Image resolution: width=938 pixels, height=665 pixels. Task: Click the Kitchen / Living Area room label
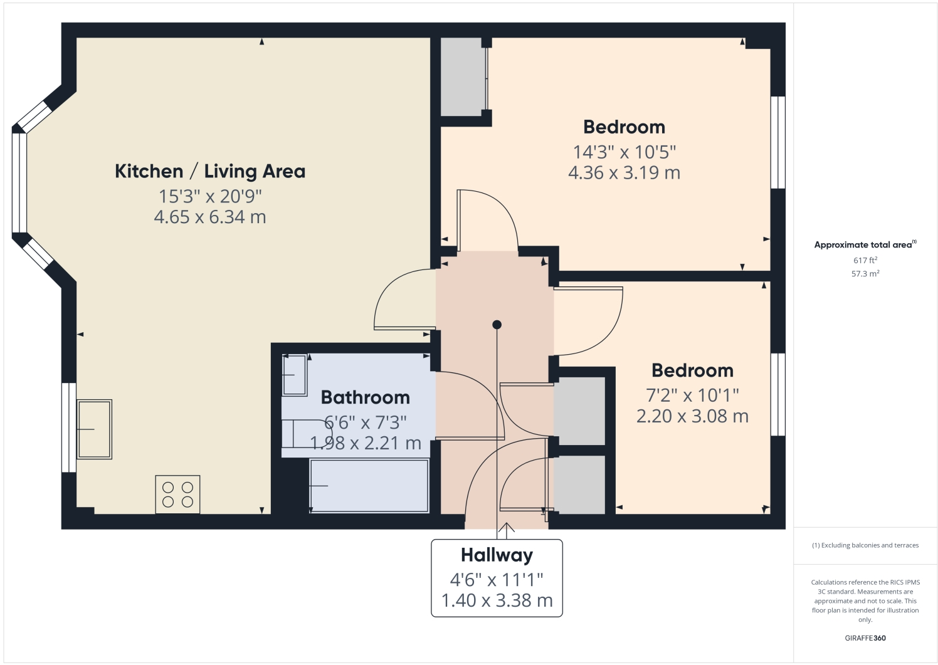pyautogui.click(x=210, y=171)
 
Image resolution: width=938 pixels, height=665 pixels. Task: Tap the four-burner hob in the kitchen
pyautogui.click(x=177, y=494)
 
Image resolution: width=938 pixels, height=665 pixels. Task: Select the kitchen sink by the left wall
pyautogui.click(x=94, y=429)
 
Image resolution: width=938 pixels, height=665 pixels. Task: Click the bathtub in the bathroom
pyautogui.click(x=369, y=486)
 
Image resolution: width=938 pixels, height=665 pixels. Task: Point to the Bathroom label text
pyautogui.click(x=365, y=397)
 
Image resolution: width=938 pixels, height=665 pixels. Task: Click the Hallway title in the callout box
pyautogui.click(x=497, y=555)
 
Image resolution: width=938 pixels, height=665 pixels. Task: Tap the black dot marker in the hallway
pyautogui.click(x=497, y=325)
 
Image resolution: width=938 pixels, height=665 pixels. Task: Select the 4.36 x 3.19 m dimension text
pyautogui.click(x=624, y=173)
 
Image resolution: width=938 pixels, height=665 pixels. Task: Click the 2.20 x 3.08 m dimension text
pyautogui.click(x=692, y=416)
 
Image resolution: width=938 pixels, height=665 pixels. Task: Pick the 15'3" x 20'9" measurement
pyautogui.click(x=210, y=196)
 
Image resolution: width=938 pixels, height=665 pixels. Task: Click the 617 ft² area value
pyautogui.click(x=865, y=260)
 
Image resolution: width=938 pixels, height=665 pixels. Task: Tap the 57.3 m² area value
pyautogui.click(x=865, y=274)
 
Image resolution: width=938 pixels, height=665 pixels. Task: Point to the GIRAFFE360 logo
pyautogui.click(x=865, y=638)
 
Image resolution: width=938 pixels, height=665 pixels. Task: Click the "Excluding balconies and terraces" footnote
pyautogui.click(x=865, y=545)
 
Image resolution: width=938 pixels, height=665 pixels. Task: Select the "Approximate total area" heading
pyautogui.click(x=864, y=245)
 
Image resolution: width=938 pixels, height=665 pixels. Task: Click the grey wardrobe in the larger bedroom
pyautogui.click(x=463, y=77)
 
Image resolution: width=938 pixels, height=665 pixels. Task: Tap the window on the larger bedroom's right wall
pyautogui.click(x=777, y=142)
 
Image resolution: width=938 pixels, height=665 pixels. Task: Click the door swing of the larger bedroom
pyautogui.click(x=488, y=219)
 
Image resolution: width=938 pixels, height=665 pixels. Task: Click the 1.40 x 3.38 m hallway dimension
pyautogui.click(x=497, y=600)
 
